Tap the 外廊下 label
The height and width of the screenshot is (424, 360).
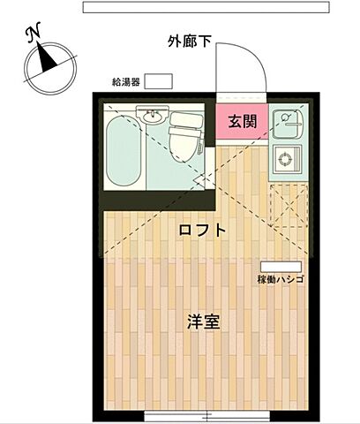191,41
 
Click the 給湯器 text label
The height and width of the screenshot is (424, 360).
126,81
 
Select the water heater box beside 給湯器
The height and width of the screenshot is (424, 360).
159,81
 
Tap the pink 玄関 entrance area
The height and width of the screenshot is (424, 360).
242,122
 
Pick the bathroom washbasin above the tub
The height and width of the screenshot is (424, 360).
151,115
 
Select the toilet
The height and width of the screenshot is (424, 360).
186,138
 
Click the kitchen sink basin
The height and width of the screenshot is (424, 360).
288,120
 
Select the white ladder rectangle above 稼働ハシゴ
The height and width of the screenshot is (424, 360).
281,266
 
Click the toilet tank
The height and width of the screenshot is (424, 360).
186,118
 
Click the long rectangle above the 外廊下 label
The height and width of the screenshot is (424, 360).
205,6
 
